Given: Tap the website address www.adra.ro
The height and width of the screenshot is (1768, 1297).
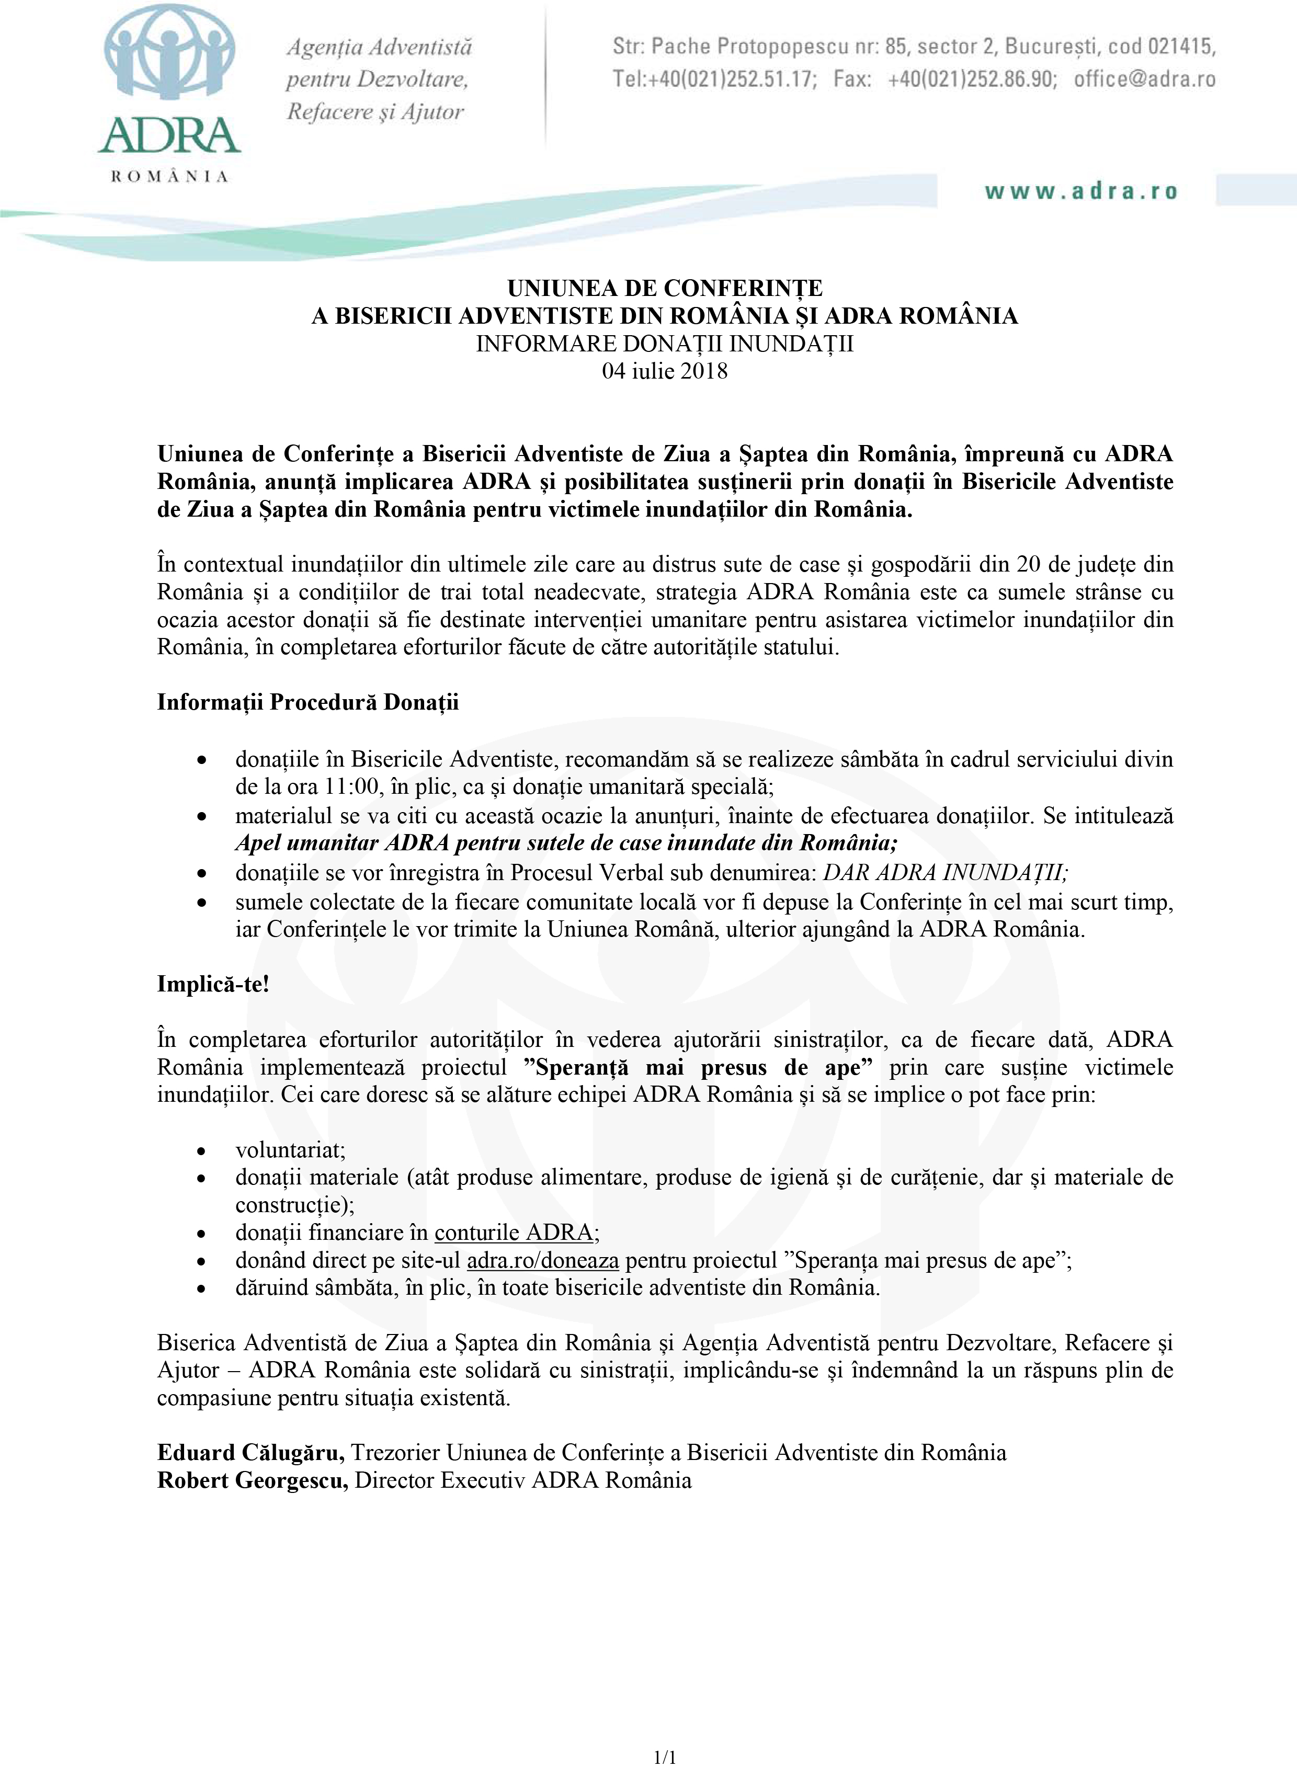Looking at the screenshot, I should pos(1081,191).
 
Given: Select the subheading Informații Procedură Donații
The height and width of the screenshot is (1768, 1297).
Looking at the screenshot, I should pos(308,702).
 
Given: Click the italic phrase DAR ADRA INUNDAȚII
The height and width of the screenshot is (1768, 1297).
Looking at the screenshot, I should pos(945,873).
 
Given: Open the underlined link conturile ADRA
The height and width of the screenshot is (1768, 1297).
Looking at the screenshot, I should pos(514,1233).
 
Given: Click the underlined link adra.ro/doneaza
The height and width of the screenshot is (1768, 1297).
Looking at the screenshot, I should pos(542,1260).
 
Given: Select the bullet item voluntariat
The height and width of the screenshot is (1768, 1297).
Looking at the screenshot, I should pos(290,1150).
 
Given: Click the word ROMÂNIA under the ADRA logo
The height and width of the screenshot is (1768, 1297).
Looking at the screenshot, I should pos(169,177).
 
